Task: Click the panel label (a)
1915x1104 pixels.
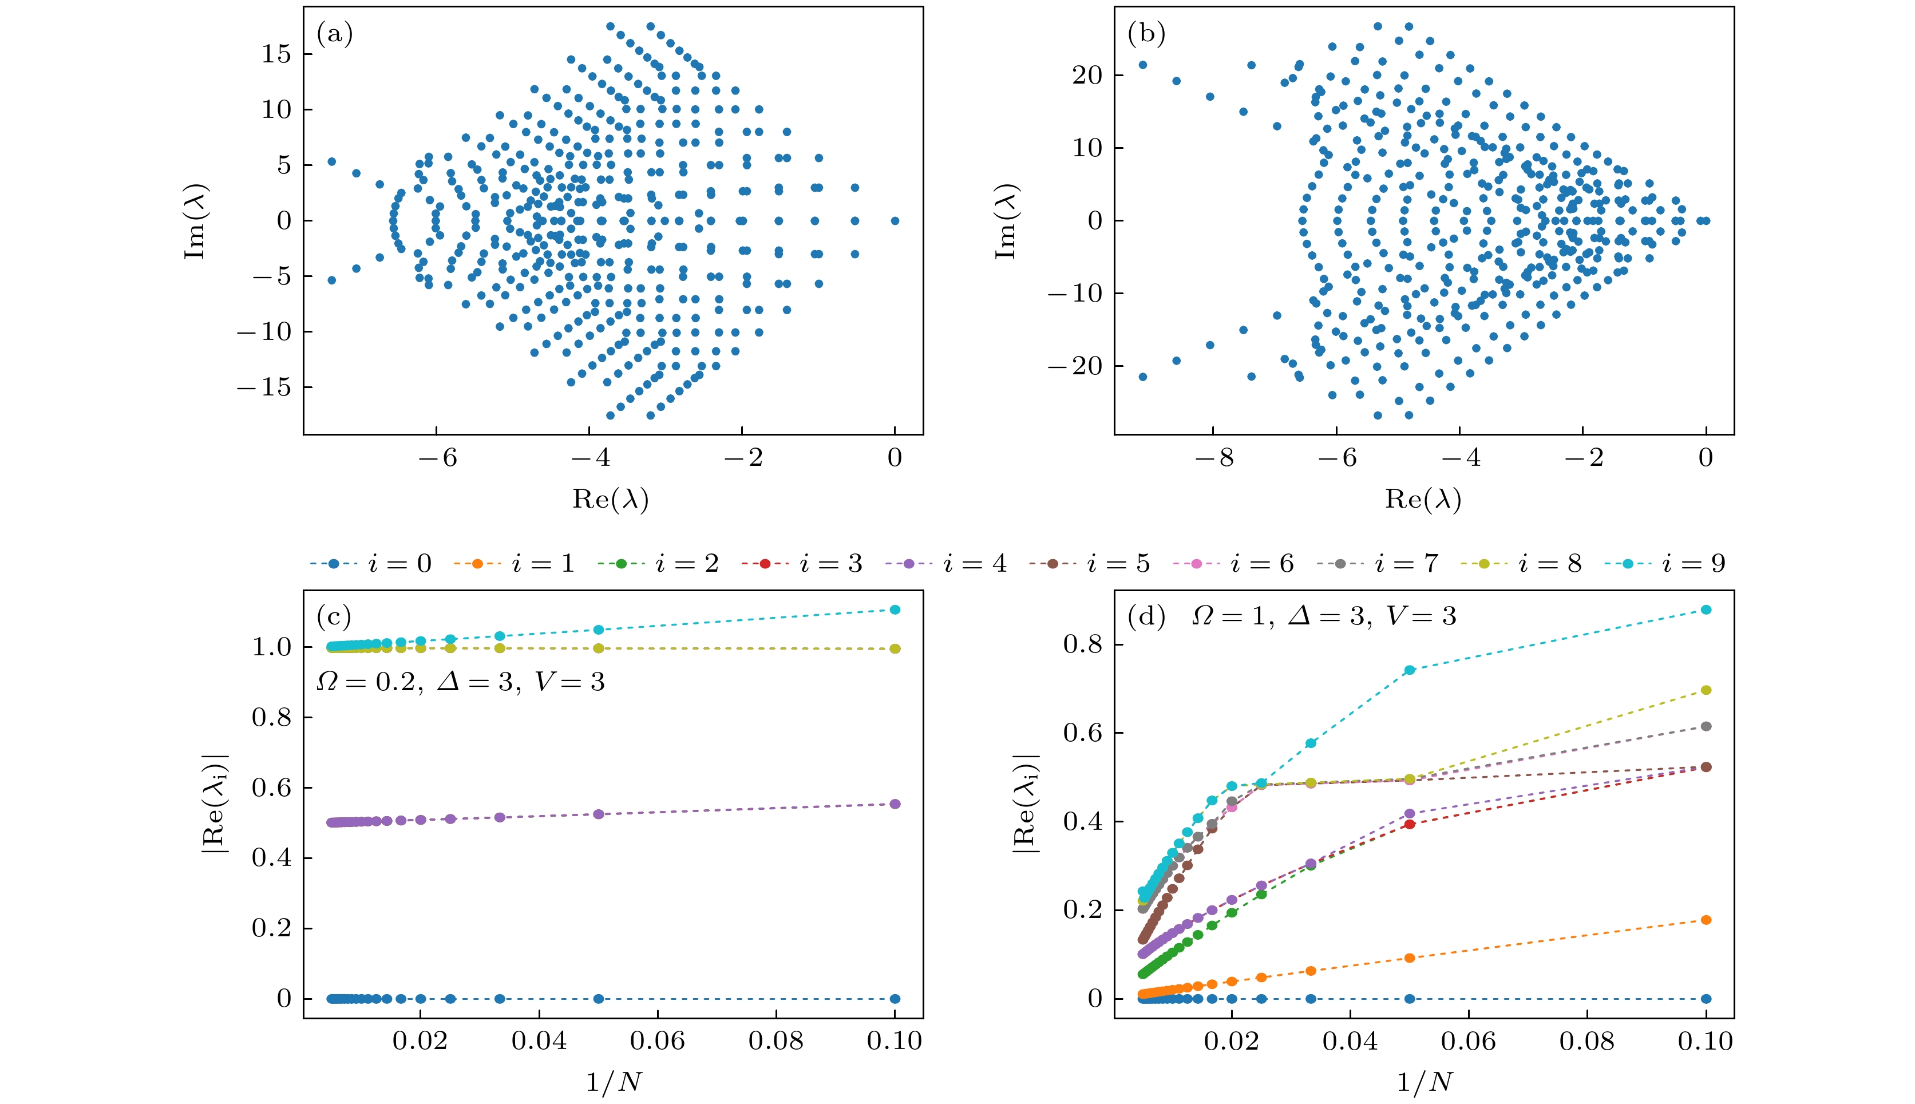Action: click(x=334, y=34)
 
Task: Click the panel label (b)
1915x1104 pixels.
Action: click(x=1146, y=34)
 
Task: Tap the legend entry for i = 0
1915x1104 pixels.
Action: click(x=371, y=563)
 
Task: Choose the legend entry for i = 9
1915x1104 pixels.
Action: click(x=1665, y=563)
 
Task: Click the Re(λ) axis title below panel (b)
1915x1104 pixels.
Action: click(x=1422, y=499)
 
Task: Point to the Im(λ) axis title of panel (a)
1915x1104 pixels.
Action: click(x=196, y=221)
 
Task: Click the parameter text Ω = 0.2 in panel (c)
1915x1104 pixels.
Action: click(x=369, y=682)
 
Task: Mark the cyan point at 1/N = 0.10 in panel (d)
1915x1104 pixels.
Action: click(x=1706, y=610)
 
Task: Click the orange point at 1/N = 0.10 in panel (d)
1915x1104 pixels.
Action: click(x=1706, y=920)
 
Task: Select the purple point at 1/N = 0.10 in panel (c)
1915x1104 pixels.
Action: click(x=895, y=804)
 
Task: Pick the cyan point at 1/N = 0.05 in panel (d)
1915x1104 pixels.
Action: click(x=1409, y=670)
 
